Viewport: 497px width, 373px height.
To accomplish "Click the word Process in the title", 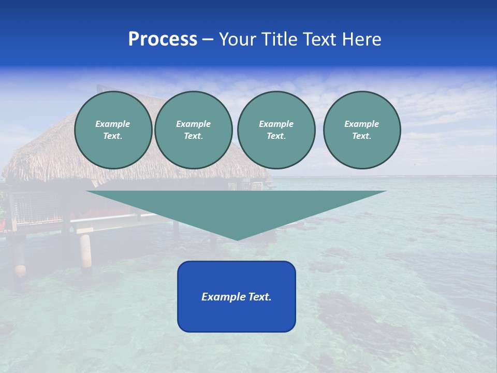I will point(163,39).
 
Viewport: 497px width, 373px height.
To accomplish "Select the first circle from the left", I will point(113,130).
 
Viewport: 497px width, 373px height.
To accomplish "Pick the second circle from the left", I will point(193,130).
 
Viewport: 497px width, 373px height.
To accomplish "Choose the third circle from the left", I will point(276,130).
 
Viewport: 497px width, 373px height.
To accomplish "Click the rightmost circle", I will point(362,130).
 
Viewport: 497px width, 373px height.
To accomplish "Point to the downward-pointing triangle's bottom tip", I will point(237,239).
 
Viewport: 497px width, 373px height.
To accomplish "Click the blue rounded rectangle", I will point(237,316).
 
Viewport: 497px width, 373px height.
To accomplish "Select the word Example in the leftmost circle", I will point(113,124).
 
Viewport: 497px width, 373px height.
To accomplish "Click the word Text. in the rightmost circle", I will point(362,136).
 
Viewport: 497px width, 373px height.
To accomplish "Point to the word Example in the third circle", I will point(276,124).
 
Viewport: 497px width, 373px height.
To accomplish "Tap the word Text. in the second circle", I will point(193,136).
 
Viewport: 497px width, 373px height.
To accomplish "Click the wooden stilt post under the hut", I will point(85,251).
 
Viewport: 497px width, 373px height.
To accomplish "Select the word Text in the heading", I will point(317,39).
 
